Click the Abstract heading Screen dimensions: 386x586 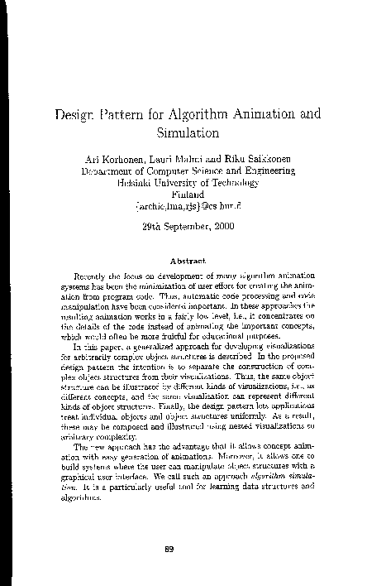pos(193,259)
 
